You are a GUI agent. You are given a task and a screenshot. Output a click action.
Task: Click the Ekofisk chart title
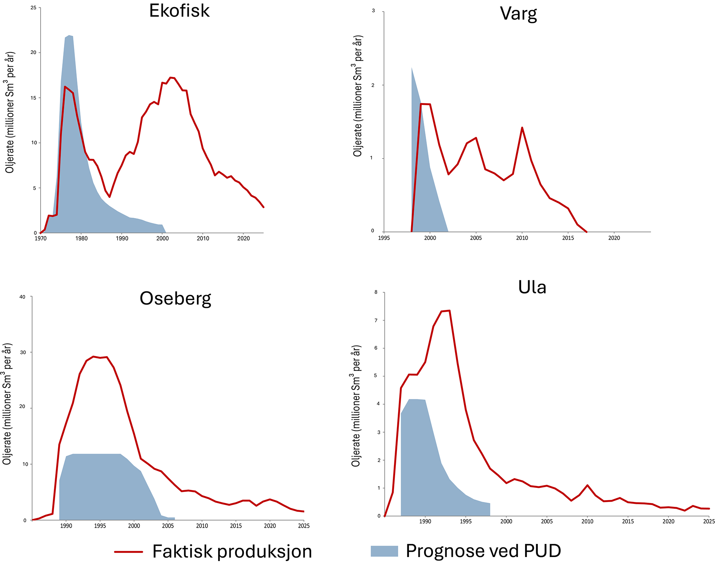[x=179, y=11]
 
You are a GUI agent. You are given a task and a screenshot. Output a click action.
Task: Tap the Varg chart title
[x=518, y=14]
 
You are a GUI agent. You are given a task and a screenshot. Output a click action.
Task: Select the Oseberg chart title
[x=175, y=298]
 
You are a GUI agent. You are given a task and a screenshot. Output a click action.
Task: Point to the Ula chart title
[x=532, y=287]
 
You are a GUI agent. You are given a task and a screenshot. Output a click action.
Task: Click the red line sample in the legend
[x=128, y=551]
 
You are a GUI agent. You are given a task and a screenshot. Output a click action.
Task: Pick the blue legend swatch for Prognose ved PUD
[x=384, y=551]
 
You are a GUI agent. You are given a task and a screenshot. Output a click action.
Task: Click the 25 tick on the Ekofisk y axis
[x=34, y=8]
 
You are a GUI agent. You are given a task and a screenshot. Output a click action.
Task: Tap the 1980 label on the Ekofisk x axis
[x=82, y=239]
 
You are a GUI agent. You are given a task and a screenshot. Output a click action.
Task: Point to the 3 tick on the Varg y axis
[x=374, y=11]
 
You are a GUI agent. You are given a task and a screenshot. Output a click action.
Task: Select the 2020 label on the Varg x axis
[x=614, y=238]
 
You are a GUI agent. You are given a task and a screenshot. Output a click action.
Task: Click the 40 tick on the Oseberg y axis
[x=22, y=297]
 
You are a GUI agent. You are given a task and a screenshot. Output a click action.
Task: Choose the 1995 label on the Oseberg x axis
[x=100, y=526]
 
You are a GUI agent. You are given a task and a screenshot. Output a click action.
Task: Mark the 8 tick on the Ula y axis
[x=376, y=292]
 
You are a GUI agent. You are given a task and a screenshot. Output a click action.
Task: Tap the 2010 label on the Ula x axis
[x=587, y=522]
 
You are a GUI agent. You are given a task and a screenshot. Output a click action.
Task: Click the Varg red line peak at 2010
[x=522, y=128]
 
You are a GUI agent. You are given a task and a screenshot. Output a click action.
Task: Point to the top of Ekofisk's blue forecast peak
[x=69, y=35]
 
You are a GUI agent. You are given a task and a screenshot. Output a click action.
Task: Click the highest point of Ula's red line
[x=449, y=311]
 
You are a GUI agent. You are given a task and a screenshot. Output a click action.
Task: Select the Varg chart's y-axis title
[x=357, y=96]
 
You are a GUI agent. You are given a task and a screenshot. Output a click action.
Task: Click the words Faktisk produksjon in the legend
[x=232, y=551]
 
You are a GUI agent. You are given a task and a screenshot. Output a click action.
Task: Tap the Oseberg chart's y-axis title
[x=7, y=404]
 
